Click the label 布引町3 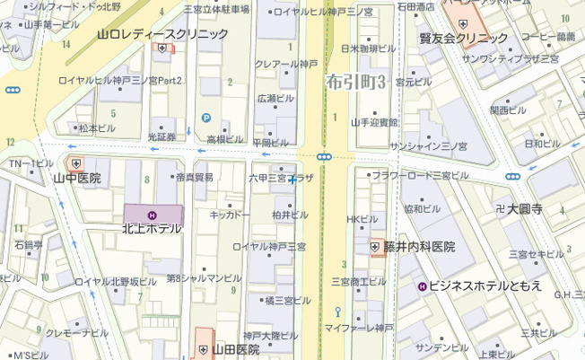pos(356,81)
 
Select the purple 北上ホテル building pos(153,215)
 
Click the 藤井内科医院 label pos(420,246)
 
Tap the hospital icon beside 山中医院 pos(76,163)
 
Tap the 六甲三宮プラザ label pos(281,179)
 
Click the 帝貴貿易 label pos(195,178)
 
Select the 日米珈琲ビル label pos(369,48)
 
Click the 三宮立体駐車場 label pos(217,10)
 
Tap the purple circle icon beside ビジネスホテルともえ pos(422,285)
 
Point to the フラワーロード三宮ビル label pos(415,175)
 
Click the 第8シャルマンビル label pos(204,278)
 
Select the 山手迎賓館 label pos(373,121)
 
